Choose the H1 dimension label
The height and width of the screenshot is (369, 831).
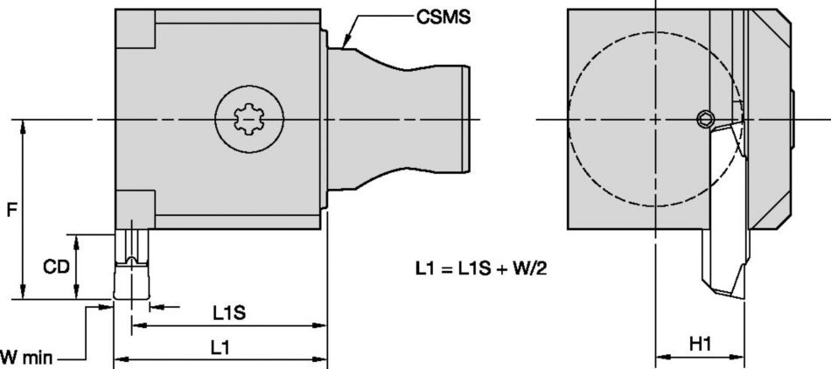point(700,346)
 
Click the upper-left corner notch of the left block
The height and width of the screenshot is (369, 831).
point(136,30)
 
